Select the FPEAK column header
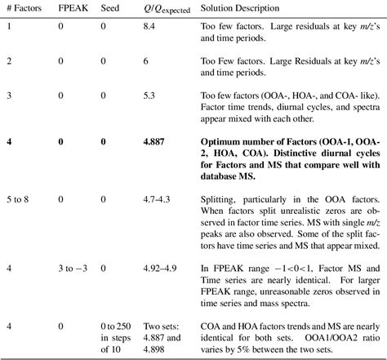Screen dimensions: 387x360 71,7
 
